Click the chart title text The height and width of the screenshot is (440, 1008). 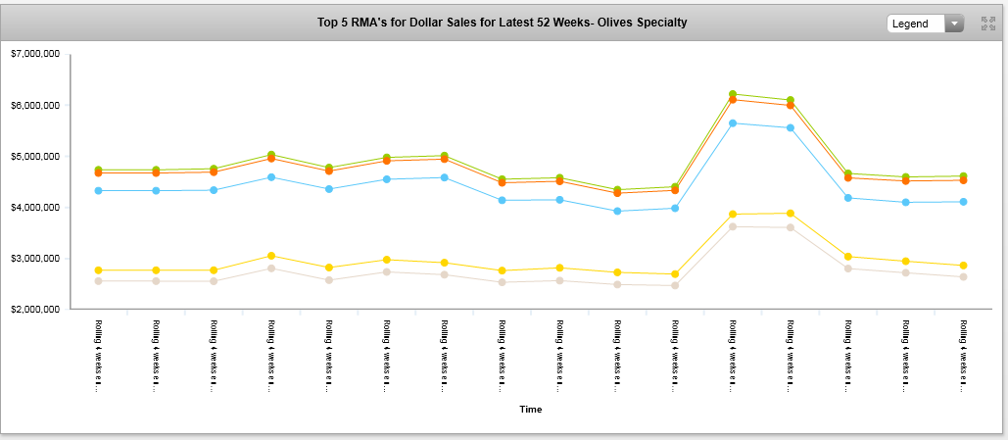(x=503, y=22)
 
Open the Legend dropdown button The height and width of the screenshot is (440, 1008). (x=925, y=24)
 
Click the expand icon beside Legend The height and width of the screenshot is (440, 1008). (x=988, y=24)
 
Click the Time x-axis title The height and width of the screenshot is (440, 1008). (x=530, y=409)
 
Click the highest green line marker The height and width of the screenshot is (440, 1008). (x=733, y=94)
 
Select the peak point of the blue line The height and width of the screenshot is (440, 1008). (x=733, y=123)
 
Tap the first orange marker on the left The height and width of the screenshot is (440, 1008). (x=98, y=173)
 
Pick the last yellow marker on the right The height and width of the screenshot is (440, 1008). (x=963, y=266)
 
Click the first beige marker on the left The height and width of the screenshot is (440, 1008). (x=98, y=281)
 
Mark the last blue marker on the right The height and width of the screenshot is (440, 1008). (x=963, y=202)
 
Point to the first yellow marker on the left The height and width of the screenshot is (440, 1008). (x=98, y=270)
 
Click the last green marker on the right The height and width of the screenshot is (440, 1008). (x=963, y=176)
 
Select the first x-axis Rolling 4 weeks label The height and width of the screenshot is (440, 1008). (x=99, y=354)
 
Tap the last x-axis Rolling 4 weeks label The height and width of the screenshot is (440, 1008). (x=964, y=354)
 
